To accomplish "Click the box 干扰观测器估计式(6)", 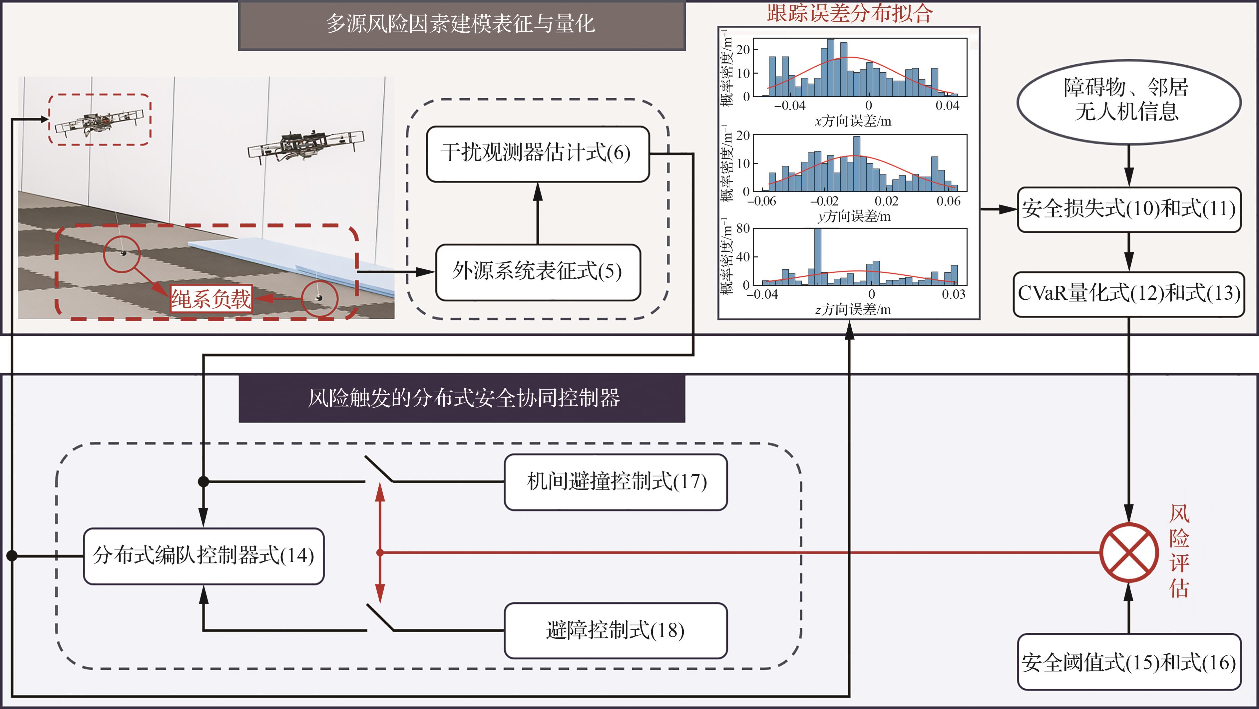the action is click(538, 154).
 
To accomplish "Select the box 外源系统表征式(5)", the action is click(538, 272).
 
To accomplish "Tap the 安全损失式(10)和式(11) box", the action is click(1129, 209).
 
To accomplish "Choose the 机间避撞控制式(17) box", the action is click(616, 482).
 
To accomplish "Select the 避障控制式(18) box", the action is click(616, 631).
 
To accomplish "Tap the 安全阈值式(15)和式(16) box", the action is click(1129, 662).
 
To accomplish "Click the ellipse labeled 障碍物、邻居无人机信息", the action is click(1129, 102).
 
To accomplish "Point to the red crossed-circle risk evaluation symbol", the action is click(1129, 552).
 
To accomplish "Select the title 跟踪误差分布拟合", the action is click(849, 13).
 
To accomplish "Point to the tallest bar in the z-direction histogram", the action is click(818, 256).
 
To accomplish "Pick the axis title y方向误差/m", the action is click(854, 216).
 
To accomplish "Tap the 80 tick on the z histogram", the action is click(743, 229).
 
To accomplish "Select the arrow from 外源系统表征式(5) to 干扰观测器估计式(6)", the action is click(538, 213).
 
